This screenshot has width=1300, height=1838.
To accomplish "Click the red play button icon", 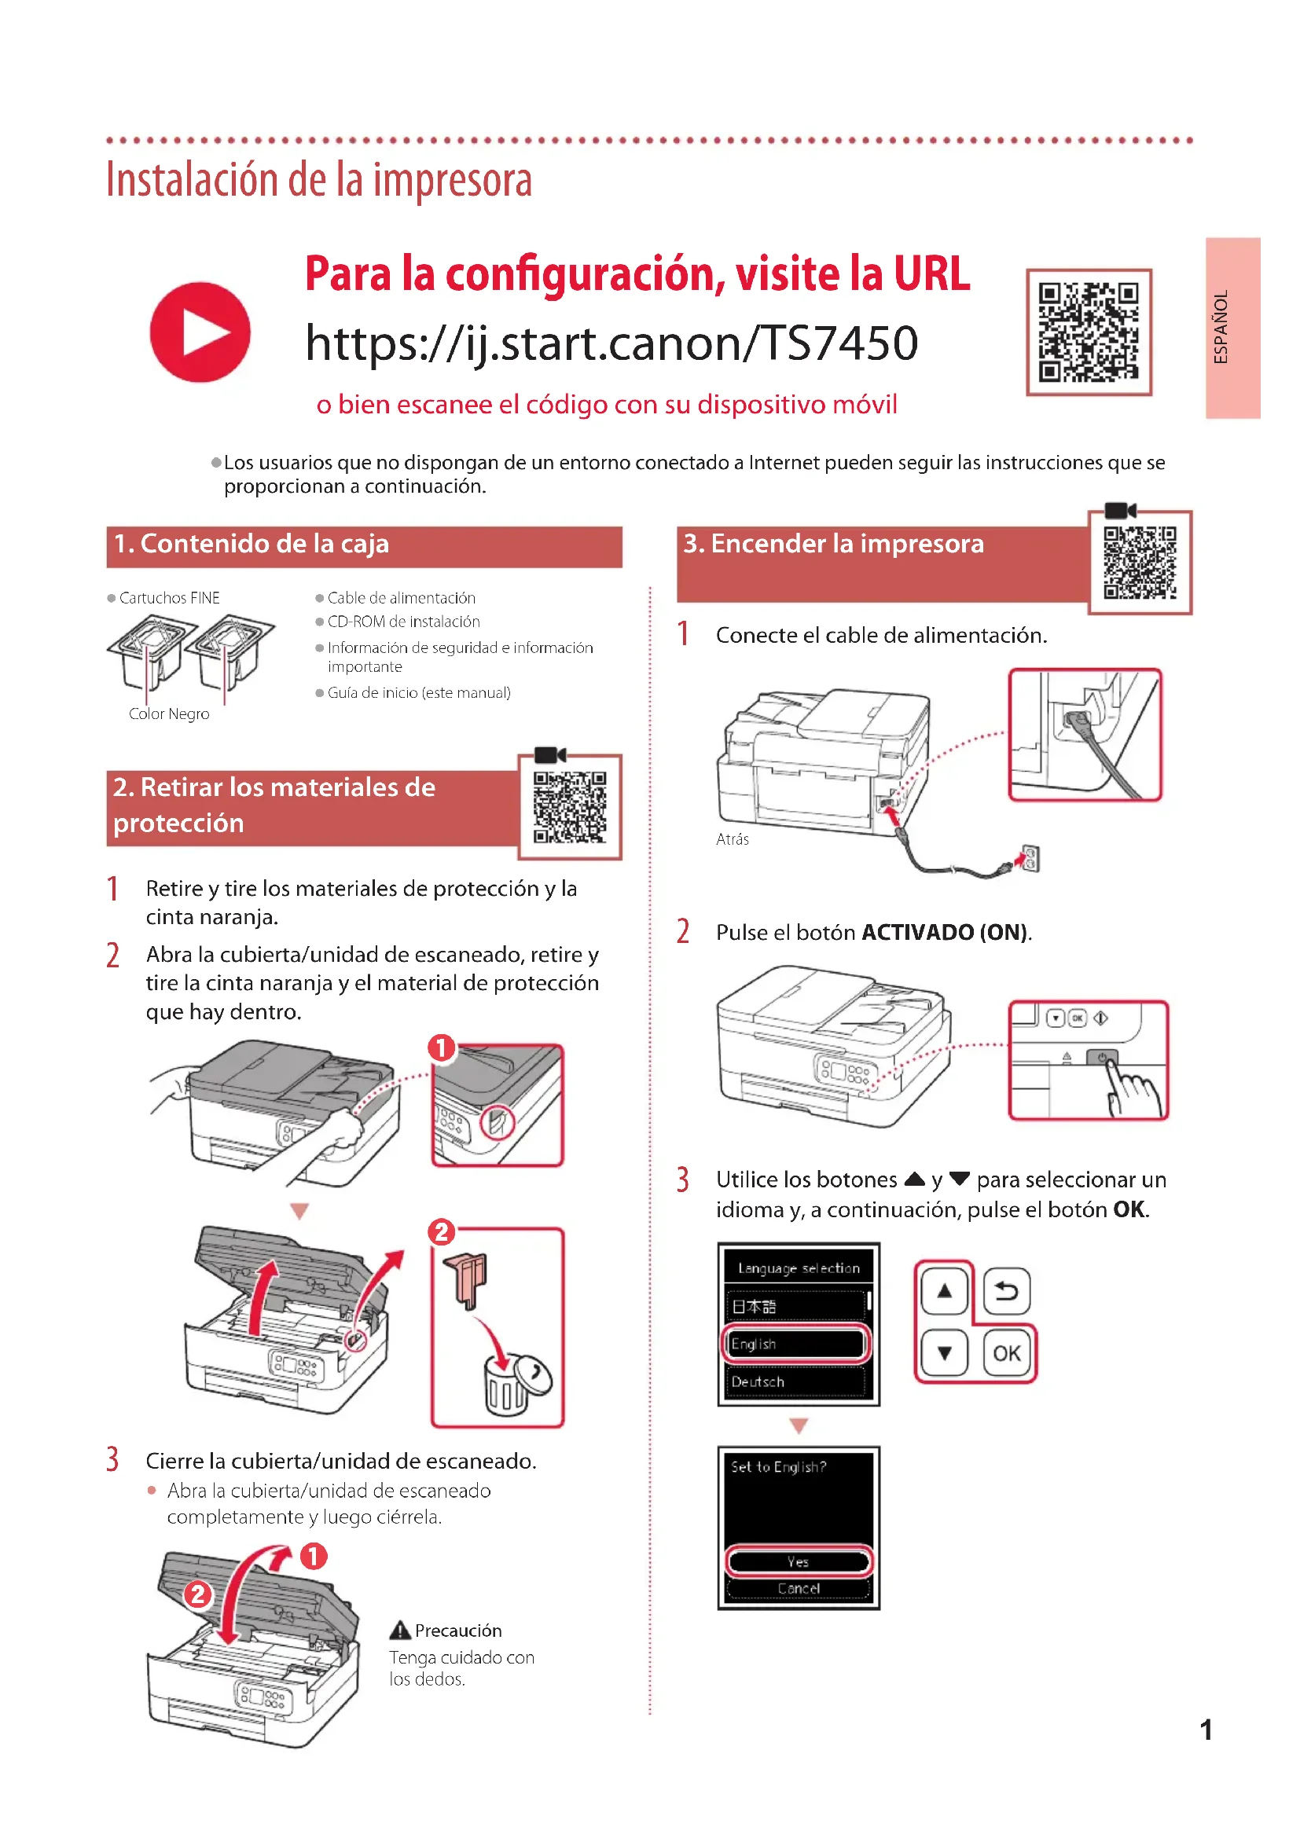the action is [200, 332].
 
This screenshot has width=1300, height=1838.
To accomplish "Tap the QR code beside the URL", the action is [1088, 332].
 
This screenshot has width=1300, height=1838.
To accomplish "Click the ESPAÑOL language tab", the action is [1232, 328].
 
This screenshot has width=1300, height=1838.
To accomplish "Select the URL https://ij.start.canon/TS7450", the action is [611, 343].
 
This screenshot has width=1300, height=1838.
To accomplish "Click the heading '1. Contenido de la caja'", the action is [252, 545].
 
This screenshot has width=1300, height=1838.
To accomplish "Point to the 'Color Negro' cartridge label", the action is [169, 714].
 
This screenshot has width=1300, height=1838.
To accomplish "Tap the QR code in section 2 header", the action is [569, 807].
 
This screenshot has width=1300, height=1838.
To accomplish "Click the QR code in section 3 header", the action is [1139, 562].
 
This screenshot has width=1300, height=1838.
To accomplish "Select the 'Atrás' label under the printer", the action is [733, 839].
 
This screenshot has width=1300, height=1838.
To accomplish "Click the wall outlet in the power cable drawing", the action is [1030, 859].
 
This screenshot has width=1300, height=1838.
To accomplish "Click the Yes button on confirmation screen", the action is [798, 1562].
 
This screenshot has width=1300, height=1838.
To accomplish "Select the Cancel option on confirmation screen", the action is [798, 1588].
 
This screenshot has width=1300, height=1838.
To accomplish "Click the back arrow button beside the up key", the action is [1005, 1290].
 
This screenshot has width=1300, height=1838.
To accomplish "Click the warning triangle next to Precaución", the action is [399, 1631].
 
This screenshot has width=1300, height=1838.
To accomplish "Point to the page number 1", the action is [1206, 1730].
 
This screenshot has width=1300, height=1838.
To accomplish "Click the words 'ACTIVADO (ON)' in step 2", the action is [945, 933].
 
